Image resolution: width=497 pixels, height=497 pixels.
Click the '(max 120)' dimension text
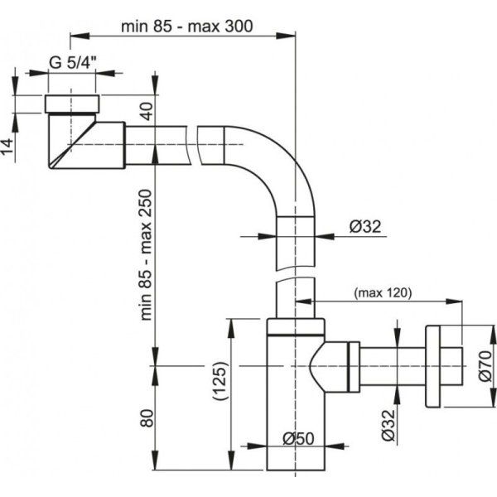[382, 292]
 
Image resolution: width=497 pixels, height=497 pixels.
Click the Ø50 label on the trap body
[295, 437]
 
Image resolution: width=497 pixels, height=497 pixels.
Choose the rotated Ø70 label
[485, 365]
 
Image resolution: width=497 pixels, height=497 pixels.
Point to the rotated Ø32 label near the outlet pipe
[385, 423]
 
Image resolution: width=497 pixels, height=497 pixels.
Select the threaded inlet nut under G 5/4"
[72, 104]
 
